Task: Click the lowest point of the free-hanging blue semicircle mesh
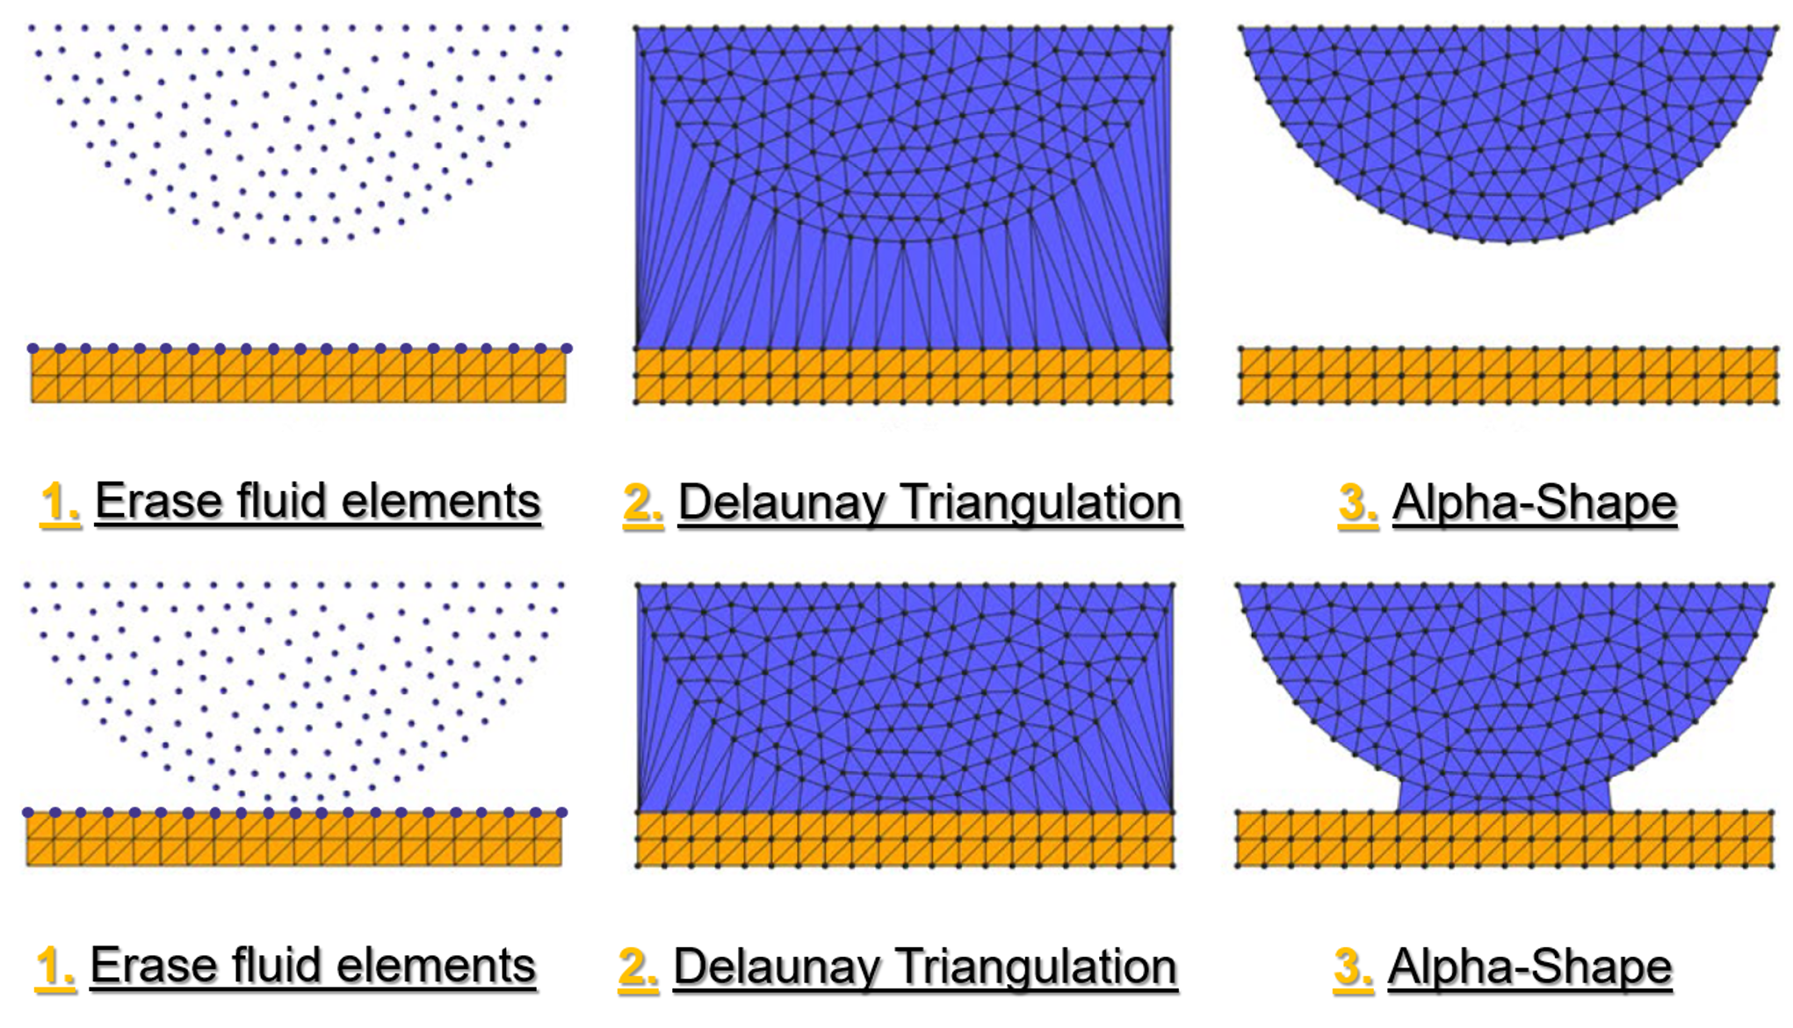(x=1507, y=243)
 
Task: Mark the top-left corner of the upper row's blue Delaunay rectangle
(x=636, y=28)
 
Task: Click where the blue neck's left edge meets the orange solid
(x=1398, y=812)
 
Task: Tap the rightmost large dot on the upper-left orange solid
(x=567, y=349)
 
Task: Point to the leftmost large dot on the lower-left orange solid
(x=28, y=813)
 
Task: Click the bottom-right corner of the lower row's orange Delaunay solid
(x=1174, y=867)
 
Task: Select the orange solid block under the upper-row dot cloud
(x=299, y=375)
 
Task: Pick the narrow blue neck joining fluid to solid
(x=1505, y=795)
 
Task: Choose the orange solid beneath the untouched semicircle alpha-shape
(x=1508, y=376)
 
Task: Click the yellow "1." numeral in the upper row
(x=60, y=503)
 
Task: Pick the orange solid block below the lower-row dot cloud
(x=294, y=839)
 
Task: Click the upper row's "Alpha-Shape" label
(x=1535, y=503)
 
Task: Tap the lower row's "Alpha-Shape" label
(x=1529, y=967)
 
